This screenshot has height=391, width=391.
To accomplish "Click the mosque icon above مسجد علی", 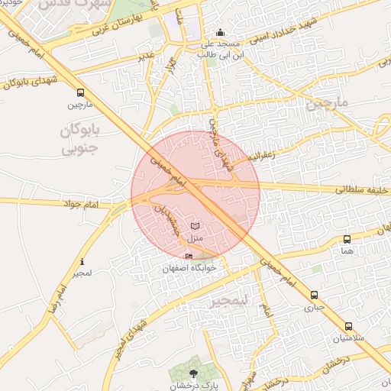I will tap(221, 32).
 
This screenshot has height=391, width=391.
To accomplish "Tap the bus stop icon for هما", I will tap(347, 239).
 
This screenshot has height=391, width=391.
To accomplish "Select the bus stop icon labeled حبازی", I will tap(314, 296).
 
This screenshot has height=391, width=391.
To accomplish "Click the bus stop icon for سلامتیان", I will tap(348, 326).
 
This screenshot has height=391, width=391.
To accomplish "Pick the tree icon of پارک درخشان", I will tap(192, 373).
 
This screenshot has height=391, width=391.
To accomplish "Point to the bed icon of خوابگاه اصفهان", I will tap(189, 256).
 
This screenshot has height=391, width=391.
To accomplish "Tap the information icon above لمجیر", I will tap(82, 262).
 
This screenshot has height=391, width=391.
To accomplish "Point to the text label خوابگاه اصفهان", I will tap(189, 269).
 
